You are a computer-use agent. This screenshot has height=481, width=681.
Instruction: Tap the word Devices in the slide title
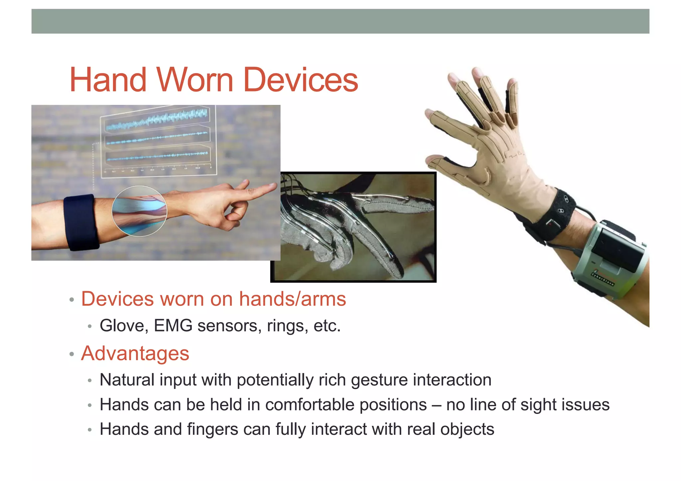point(301,80)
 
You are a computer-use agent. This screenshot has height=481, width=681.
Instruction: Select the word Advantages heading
point(135,353)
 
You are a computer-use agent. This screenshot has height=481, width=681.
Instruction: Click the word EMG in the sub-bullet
point(173,325)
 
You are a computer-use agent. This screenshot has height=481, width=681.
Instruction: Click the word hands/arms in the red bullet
point(293,299)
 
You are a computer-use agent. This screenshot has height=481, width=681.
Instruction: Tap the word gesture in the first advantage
point(379,380)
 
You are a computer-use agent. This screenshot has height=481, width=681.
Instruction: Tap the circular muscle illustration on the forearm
point(139,211)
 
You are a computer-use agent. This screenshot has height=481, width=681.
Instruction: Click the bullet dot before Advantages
point(71,354)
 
